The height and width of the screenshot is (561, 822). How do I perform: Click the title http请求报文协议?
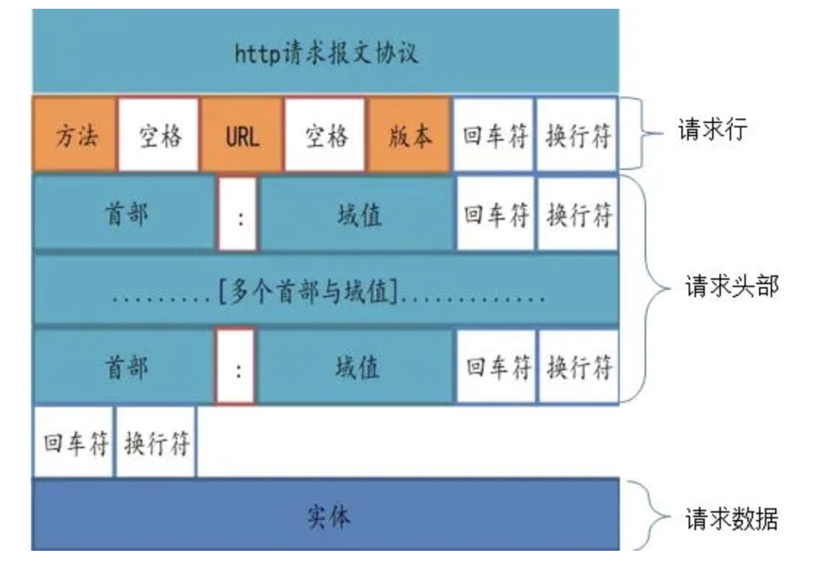click(x=326, y=53)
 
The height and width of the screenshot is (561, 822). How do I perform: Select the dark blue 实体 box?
click(x=326, y=517)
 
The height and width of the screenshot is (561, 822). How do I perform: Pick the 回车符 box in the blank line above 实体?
click(x=74, y=443)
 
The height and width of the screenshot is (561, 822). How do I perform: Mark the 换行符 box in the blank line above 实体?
click(x=156, y=443)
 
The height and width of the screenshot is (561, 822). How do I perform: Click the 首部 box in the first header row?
click(x=124, y=215)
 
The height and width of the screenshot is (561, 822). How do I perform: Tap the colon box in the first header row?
click(x=237, y=215)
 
